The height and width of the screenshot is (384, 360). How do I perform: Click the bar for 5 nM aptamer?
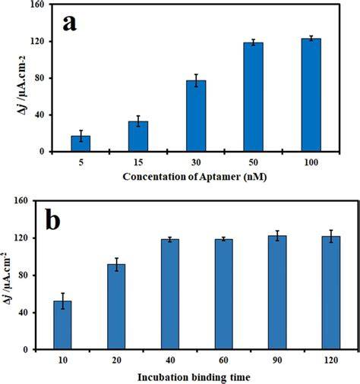(x=81, y=143)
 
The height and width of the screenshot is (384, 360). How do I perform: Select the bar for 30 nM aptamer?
(x=196, y=116)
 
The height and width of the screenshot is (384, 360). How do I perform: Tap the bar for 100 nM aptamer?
(x=311, y=95)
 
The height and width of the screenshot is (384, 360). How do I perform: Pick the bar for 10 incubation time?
(x=62, y=325)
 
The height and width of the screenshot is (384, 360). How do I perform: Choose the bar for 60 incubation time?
(x=224, y=294)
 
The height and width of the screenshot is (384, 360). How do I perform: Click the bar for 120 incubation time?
(x=331, y=293)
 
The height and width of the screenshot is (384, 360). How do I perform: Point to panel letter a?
(x=70, y=24)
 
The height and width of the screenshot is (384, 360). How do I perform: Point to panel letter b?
(x=53, y=219)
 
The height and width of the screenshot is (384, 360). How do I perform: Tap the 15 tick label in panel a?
(x=138, y=162)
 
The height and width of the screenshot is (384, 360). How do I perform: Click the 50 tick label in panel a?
(x=253, y=162)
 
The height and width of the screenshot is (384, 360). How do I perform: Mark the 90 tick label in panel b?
(x=277, y=360)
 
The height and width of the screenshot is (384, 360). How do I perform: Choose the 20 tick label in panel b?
(x=116, y=360)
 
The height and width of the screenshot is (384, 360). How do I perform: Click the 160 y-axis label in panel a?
(x=37, y=5)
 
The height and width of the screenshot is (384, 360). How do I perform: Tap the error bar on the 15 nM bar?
(x=138, y=121)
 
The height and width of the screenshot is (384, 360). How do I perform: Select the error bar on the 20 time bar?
(x=116, y=265)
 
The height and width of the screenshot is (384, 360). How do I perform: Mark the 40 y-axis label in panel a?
(x=39, y=115)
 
